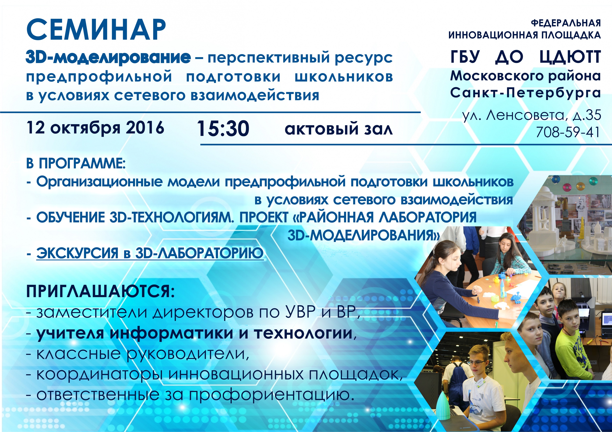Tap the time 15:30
click(x=223, y=129)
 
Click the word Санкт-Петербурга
click(x=525, y=93)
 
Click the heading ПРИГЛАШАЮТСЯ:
click(x=100, y=291)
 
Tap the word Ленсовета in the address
click(x=525, y=115)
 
